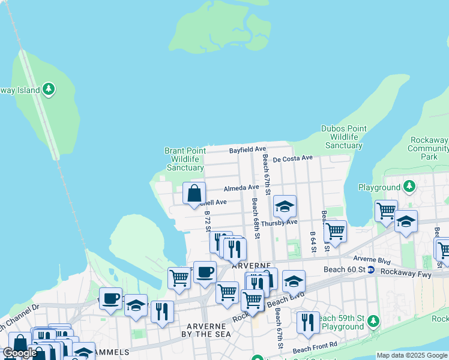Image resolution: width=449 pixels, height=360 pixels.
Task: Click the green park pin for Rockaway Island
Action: (49, 90)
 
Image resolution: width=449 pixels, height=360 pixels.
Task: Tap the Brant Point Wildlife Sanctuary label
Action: (185, 159)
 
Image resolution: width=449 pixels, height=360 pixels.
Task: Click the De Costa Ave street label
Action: (293, 158)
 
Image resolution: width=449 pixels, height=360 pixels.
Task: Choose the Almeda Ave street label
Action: (241, 188)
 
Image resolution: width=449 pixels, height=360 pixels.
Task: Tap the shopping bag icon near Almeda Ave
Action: (194, 194)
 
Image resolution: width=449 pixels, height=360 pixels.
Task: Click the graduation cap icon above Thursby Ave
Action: (285, 207)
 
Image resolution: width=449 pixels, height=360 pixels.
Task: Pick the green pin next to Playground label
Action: (409, 187)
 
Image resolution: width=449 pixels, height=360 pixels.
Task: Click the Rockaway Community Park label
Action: (429, 148)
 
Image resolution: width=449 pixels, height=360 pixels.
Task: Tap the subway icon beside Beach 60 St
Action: (372, 270)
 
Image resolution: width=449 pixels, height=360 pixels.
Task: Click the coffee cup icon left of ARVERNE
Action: (205, 272)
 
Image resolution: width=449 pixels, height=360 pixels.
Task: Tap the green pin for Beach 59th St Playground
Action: (373, 322)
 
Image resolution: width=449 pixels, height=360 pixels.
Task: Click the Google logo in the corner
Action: (20, 353)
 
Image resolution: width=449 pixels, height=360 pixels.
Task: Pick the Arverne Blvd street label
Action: (372, 259)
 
